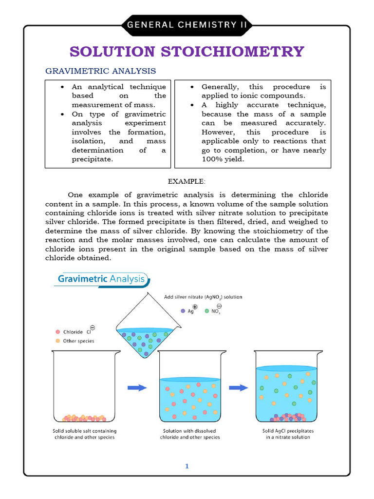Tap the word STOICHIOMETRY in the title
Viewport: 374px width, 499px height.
[x=242, y=51]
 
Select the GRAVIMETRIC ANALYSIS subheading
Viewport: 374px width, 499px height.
[x=101, y=71]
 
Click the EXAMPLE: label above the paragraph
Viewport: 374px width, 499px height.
[x=187, y=181]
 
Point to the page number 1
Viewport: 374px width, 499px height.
[x=187, y=466]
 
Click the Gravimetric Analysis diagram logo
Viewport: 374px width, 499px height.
[x=102, y=280]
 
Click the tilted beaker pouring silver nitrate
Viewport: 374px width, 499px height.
[x=146, y=336]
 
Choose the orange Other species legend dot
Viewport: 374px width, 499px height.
[x=58, y=341]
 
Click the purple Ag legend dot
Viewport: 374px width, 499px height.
[x=183, y=310]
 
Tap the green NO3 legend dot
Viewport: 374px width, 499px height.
[x=207, y=310]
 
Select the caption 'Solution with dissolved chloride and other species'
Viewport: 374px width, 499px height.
[x=190, y=434]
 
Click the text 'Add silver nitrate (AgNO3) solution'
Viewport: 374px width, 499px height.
[x=203, y=297]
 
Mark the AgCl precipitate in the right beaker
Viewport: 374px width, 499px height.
[x=287, y=418]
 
